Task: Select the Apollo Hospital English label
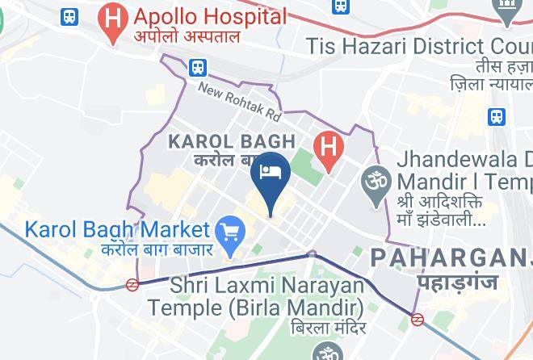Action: point(210,16)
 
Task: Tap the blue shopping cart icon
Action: point(233,232)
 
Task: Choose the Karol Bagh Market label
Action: point(117,230)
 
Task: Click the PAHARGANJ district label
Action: point(451,258)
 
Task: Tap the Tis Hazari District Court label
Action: point(419,45)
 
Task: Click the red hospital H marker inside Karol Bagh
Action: point(328,148)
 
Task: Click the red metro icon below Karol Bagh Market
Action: point(132,284)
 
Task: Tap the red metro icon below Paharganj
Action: point(418,319)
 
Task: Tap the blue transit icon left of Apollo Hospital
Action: point(70,16)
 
